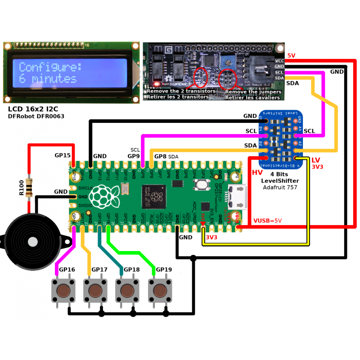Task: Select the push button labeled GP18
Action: [x=128, y=291]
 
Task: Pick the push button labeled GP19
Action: [x=160, y=291]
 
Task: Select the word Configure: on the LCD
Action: [x=50, y=67]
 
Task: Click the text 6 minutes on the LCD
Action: [x=48, y=79]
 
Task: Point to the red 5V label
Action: [x=291, y=55]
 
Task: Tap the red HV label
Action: [x=257, y=172]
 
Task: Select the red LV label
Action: [x=315, y=160]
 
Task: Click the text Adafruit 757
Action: [x=280, y=187]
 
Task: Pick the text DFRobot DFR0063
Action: [x=36, y=117]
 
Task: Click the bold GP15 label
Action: [x=63, y=155]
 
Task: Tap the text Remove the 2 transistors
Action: [x=181, y=91]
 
